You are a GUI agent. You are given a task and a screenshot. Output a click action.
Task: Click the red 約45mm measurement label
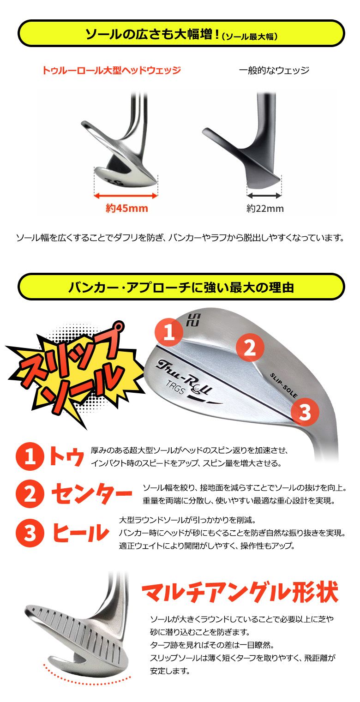[126, 208]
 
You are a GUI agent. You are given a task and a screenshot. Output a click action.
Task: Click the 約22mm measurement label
[265, 209]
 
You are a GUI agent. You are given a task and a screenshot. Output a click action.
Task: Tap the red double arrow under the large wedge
[126, 196]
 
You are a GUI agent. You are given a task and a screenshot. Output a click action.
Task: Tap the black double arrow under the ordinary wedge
[264, 196]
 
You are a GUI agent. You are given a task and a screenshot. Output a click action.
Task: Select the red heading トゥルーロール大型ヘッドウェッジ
[111, 71]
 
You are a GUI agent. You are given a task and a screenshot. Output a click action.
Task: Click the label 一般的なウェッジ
[274, 71]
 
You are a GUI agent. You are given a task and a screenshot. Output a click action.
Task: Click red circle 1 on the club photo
[170, 332]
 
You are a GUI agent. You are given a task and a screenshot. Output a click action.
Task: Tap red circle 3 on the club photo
[305, 412]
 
